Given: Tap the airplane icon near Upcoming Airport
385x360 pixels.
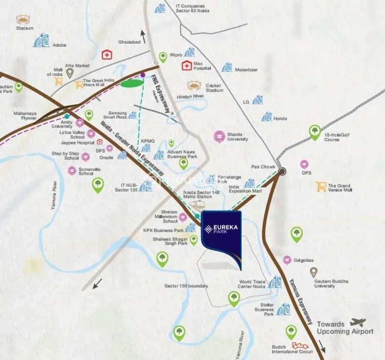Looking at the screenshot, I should coord(358,322).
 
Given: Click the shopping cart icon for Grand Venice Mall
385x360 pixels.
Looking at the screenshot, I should coord(321,186).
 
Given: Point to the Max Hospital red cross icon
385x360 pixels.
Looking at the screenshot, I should coord(186,65).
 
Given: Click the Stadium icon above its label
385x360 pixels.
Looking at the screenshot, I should coord(23,20).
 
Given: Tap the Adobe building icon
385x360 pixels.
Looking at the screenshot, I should coord(41,41).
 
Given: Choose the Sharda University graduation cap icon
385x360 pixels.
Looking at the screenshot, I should coord(219,137).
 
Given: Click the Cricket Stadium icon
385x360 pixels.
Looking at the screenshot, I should coord(194,85).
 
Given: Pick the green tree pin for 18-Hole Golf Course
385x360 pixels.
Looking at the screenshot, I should coord(315,132).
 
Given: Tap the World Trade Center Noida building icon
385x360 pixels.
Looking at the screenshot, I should coord(276,282).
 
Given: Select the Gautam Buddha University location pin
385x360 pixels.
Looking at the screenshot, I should coord(314,272).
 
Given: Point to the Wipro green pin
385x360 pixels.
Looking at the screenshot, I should coord(163,56).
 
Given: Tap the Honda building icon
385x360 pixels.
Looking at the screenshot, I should coord(267,117).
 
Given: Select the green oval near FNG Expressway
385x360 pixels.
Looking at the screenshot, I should coord(133,84).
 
